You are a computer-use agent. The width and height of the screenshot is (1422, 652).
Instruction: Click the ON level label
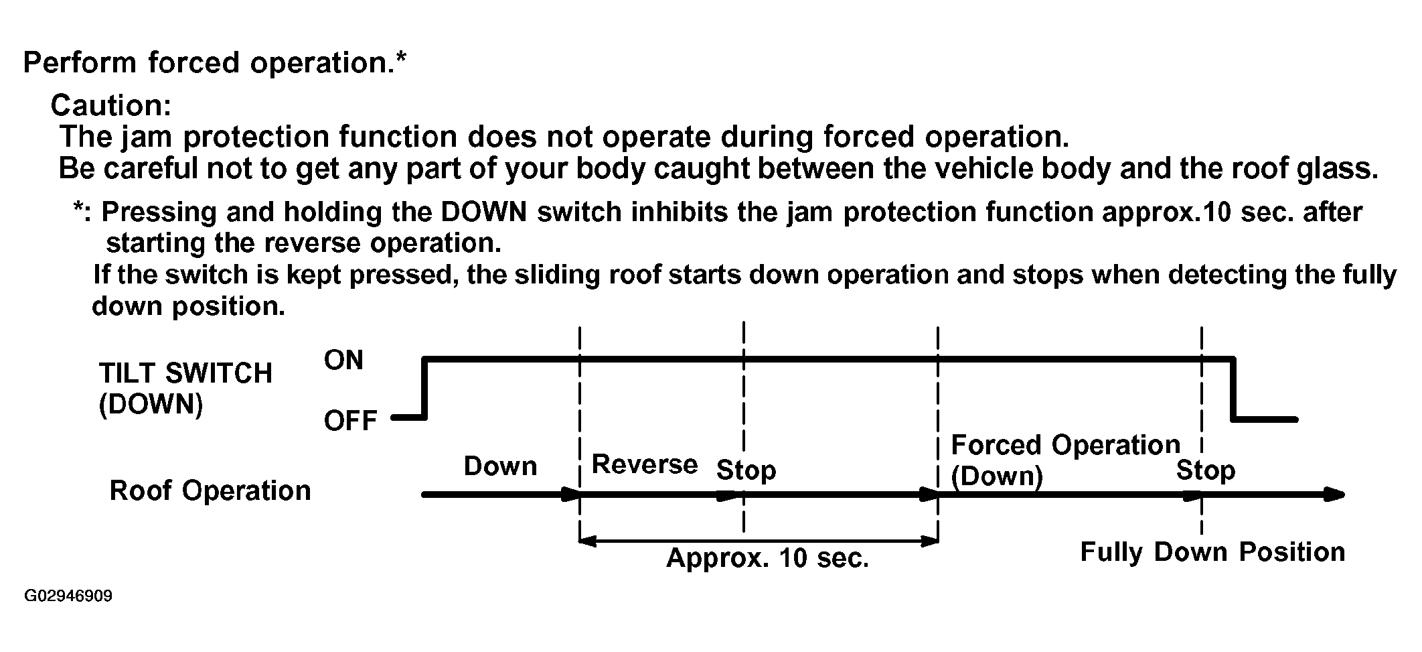click(343, 360)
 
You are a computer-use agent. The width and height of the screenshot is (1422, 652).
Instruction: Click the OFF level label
click(351, 421)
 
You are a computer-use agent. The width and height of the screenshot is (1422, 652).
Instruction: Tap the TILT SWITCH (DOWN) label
click(185, 389)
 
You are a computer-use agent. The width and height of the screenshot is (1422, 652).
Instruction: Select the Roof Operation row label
click(210, 491)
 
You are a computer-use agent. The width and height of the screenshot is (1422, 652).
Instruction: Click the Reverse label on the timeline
click(645, 464)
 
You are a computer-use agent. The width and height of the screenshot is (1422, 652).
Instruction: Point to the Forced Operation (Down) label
click(1065, 460)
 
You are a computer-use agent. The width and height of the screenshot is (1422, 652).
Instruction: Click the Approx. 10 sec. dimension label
click(767, 558)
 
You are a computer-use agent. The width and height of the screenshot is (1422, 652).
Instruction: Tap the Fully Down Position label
click(1212, 551)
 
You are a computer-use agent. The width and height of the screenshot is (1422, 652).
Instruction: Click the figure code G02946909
click(68, 596)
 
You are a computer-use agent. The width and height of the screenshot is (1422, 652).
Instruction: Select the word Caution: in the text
click(111, 105)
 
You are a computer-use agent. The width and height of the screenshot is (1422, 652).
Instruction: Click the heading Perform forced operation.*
click(215, 62)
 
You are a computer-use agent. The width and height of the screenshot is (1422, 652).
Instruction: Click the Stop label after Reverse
click(746, 470)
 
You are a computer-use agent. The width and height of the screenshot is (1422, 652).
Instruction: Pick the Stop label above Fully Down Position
click(1206, 470)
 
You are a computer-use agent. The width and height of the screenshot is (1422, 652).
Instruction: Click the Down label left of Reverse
click(500, 466)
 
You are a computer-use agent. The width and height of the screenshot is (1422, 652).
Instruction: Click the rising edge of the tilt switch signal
click(424, 389)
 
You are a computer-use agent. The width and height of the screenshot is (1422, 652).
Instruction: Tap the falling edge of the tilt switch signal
click(1233, 389)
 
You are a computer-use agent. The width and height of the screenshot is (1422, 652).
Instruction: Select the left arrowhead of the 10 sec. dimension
click(588, 541)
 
